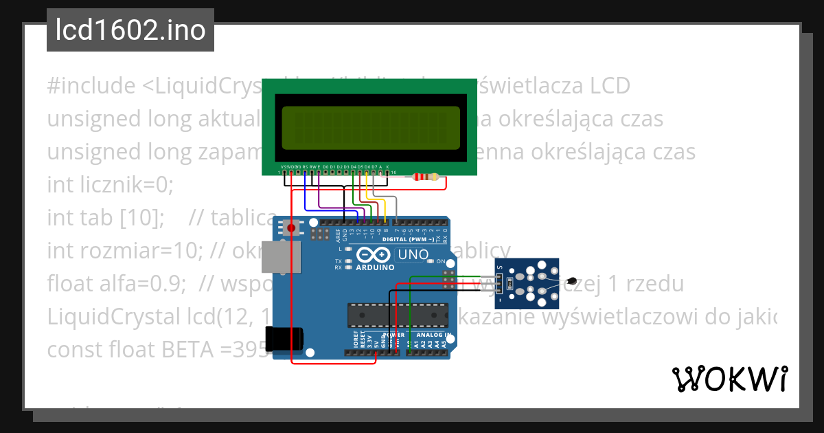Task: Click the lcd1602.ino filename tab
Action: tap(130, 30)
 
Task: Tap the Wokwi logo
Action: tap(729, 379)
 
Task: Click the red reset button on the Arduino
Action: tap(292, 227)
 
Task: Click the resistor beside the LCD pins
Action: tap(426, 177)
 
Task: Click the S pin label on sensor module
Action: tap(499, 268)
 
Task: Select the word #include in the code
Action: tap(91, 86)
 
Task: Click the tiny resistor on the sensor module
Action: tap(508, 282)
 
